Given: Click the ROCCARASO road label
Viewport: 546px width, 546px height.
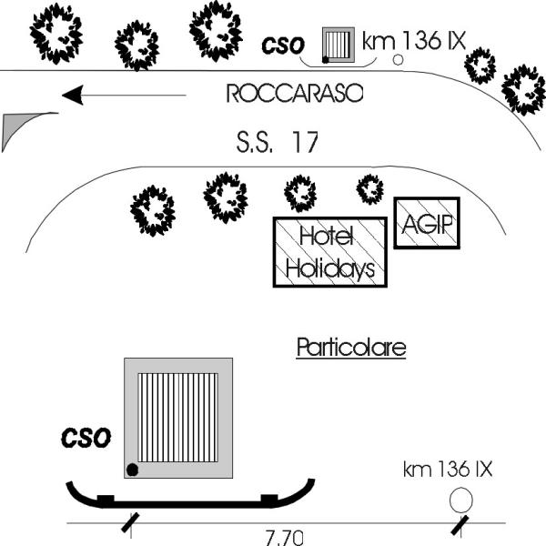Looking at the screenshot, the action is tap(295, 94).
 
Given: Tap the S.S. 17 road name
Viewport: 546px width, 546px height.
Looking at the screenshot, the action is tap(278, 142).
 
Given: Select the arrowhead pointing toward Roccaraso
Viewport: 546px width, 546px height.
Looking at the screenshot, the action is tap(73, 95).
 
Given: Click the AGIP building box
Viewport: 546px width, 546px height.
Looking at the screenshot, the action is tap(427, 223).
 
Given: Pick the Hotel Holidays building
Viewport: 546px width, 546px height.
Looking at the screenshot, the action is tap(330, 252).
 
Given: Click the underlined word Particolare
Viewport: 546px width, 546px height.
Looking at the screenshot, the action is tap(351, 348).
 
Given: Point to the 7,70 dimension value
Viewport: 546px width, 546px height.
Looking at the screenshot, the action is tap(284, 538).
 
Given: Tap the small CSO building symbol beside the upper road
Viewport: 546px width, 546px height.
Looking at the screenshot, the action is tap(339, 45).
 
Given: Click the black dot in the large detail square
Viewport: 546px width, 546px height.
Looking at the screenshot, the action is tap(132, 470).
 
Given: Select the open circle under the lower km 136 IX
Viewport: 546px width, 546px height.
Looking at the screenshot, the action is tap(461, 500).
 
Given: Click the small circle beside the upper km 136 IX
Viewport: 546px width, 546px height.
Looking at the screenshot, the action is tap(398, 59).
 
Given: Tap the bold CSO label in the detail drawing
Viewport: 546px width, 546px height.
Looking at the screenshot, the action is tap(86, 438).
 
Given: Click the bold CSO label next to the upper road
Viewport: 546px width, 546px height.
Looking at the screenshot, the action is tap(283, 45).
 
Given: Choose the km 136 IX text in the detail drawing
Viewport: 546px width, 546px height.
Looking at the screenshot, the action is tap(448, 469).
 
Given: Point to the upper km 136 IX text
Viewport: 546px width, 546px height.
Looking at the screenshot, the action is tap(414, 41).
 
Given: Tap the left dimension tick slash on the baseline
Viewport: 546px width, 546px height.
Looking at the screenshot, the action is tap(130, 522).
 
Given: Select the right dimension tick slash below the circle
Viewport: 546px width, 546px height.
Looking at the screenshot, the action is tap(460, 525).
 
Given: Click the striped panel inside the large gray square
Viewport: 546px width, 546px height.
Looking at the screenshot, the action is tap(178, 418).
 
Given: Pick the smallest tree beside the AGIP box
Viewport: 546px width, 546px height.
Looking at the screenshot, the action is tap(370, 189).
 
